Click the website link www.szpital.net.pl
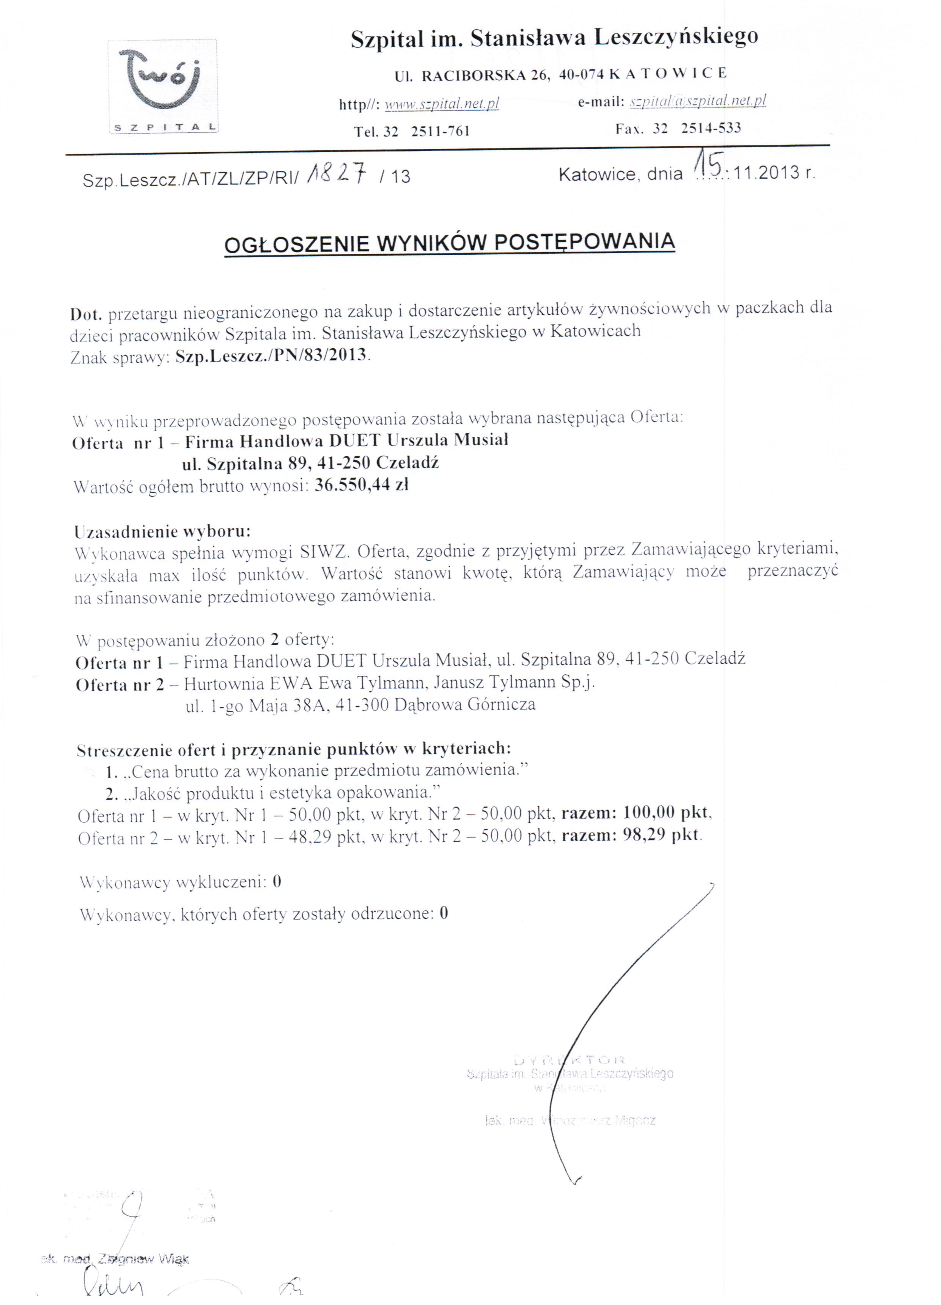click(441, 104)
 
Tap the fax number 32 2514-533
click(696, 128)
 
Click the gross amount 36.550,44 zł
click(362, 486)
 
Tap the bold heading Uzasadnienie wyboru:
click(163, 530)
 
